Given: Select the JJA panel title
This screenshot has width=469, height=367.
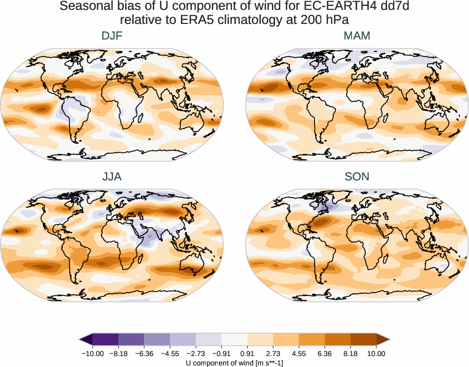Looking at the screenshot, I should (x=112, y=177).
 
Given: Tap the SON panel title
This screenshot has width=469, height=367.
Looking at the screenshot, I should (x=357, y=177).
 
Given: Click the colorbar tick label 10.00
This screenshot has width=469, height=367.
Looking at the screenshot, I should (x=376, y=354).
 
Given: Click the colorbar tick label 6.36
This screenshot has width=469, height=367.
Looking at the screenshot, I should (x=324, y=354).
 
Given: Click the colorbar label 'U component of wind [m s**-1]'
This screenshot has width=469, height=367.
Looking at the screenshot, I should (x=234, y=363).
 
